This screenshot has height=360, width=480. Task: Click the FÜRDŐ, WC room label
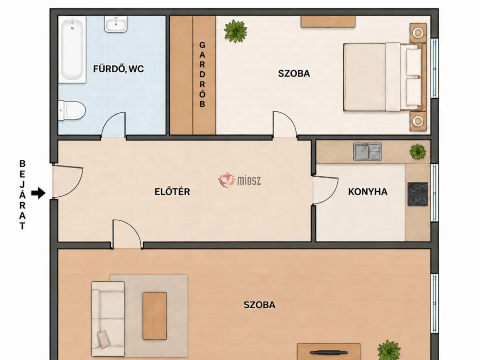point(118,69)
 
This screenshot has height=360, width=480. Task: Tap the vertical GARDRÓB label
point(202,75)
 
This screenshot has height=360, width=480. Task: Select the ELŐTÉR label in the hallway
point(172,192)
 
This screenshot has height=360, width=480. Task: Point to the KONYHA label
point(368,192)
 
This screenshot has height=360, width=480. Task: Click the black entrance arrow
point(38,193)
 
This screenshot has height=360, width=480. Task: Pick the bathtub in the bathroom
point(72,49)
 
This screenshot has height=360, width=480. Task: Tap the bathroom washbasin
point(116,24)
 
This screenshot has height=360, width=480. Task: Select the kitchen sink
point(367,152)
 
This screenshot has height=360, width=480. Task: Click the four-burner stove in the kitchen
point(418,194)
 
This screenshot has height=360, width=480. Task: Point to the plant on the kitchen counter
point(418,152)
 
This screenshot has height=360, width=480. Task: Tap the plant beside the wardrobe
point(235,31)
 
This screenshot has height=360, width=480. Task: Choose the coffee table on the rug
point(155,316)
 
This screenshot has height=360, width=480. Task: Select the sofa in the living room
point(108,319)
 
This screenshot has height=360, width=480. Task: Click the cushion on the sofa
point(104,339)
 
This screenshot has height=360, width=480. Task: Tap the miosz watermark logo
point(240,180)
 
